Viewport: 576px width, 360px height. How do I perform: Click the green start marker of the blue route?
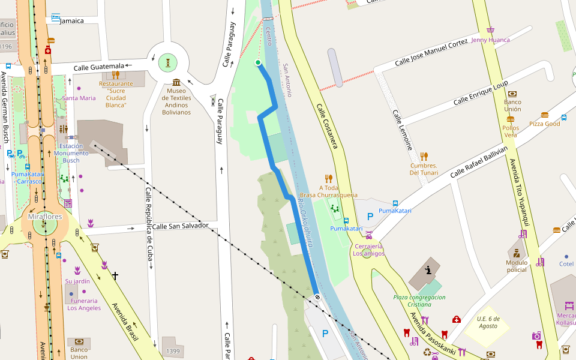tap(258, 62)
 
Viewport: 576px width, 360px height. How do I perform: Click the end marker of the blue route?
tap(317, 297)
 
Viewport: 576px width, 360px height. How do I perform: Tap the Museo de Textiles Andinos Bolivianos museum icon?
tap(176, 82)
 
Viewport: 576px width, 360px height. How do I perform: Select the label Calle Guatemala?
tap(99, 66)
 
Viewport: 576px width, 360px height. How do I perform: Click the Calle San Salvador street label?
tap(180, 226)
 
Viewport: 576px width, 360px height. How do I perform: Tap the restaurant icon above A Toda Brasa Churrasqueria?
tap(328, 178)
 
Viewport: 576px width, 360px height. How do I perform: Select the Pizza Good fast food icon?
tap(545, 115)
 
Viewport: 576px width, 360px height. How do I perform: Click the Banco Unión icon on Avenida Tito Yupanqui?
tap(512, 93)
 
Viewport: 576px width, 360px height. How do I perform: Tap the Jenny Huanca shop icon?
tap(490, 30)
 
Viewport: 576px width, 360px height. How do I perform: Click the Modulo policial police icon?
tap(516, 252)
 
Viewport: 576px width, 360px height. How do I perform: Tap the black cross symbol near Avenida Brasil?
tap(115, 276)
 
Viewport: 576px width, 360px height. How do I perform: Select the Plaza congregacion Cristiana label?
tap(419, 300)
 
